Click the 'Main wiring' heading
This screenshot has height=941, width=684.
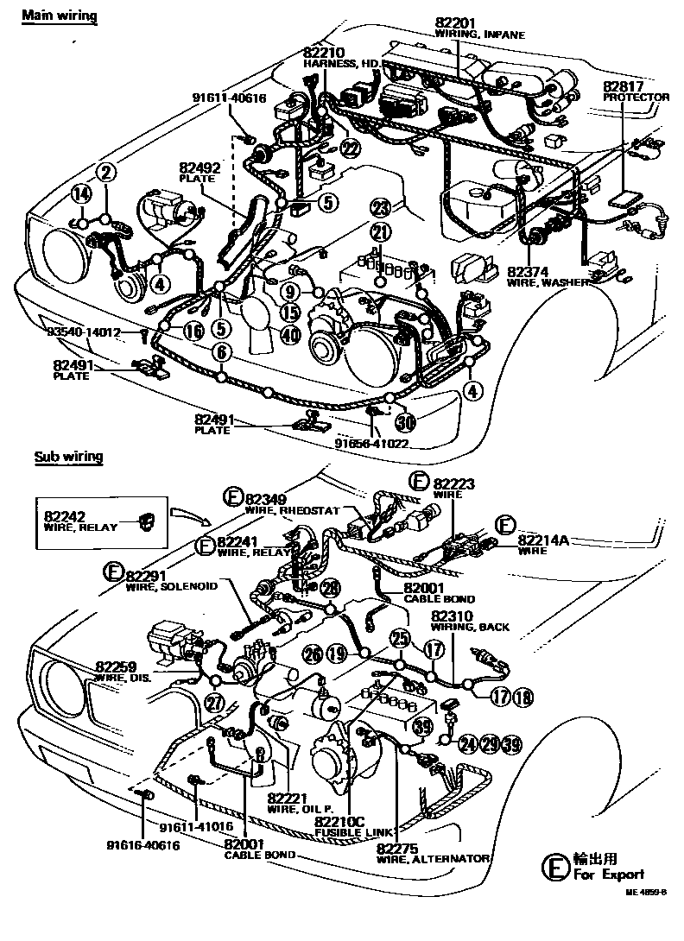[58, 16]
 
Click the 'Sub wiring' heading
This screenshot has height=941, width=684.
[68, 457]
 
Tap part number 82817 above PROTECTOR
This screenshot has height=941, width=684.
[623, 86]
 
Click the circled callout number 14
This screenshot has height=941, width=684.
[80, 194]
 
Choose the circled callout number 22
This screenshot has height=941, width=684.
[349, 148]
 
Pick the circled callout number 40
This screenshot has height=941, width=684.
[290, 335]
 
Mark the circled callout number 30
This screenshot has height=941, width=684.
[405, 423]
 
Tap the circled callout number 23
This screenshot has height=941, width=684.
[381, 207]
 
